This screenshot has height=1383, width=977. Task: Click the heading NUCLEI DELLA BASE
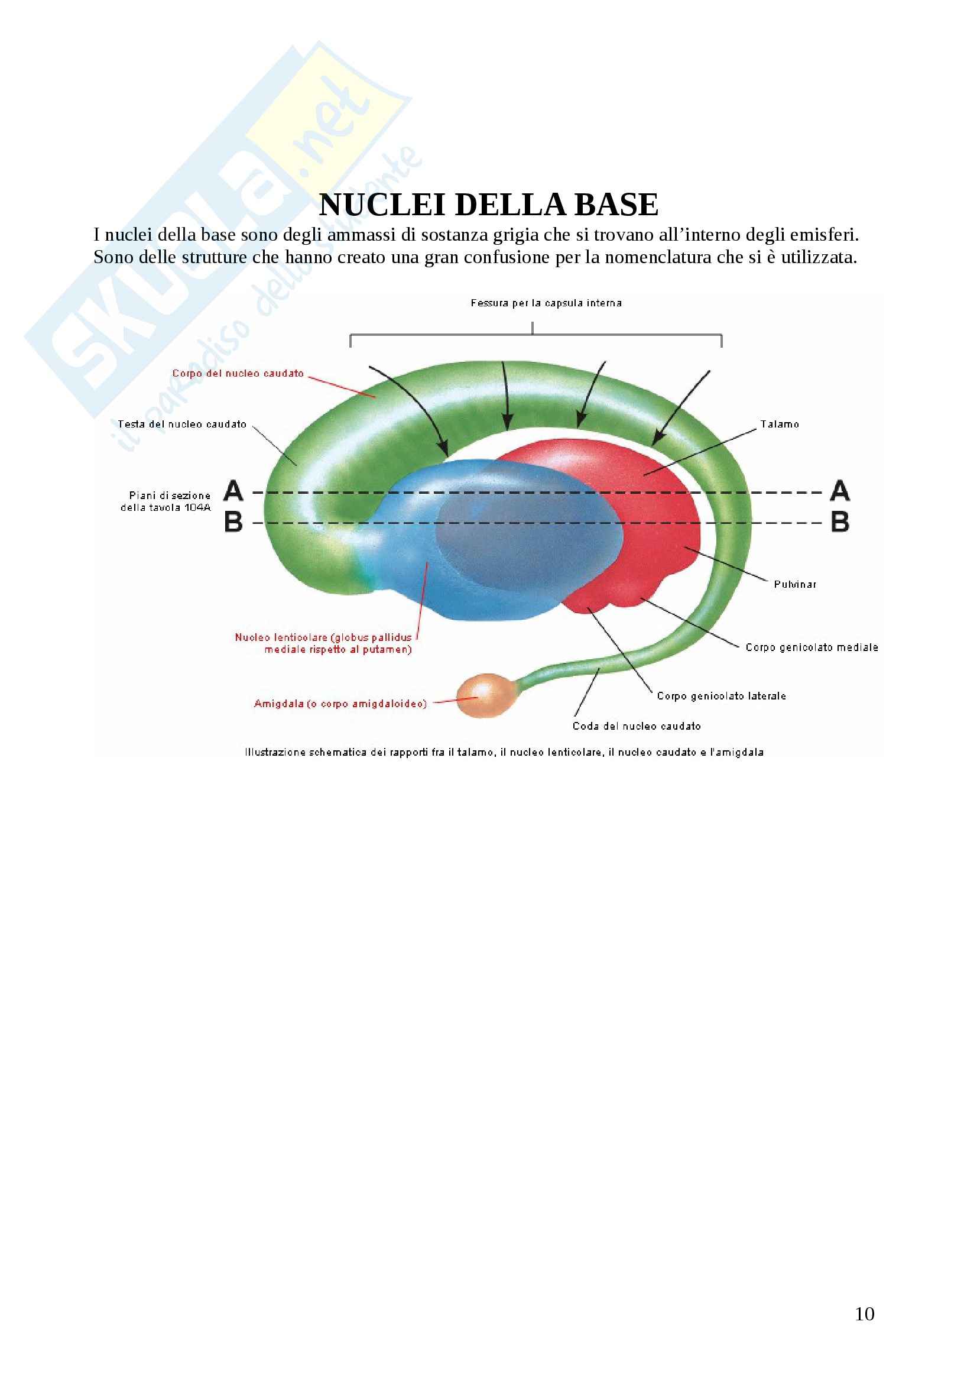[488, 205]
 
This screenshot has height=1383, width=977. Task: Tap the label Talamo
[780, 425]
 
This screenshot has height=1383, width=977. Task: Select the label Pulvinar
[795, 584]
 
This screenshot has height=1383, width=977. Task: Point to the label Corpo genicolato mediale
[812, 647]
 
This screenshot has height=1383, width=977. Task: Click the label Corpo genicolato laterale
[721, 696]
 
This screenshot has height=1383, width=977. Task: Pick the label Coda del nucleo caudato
[637, 727]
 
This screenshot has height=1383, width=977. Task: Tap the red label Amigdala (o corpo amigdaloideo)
[340, 704]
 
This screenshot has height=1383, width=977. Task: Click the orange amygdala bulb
[486, 695]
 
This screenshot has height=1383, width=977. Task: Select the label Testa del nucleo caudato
[183, 424]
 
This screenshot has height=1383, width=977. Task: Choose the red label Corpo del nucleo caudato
[238, 374]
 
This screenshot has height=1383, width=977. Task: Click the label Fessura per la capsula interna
[546, 303]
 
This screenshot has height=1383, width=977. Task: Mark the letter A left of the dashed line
[233, 491]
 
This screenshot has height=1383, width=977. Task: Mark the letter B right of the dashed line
[840, 522]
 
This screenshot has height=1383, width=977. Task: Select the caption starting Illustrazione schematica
[504, 752]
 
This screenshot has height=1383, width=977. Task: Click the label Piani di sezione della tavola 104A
[165, 501]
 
